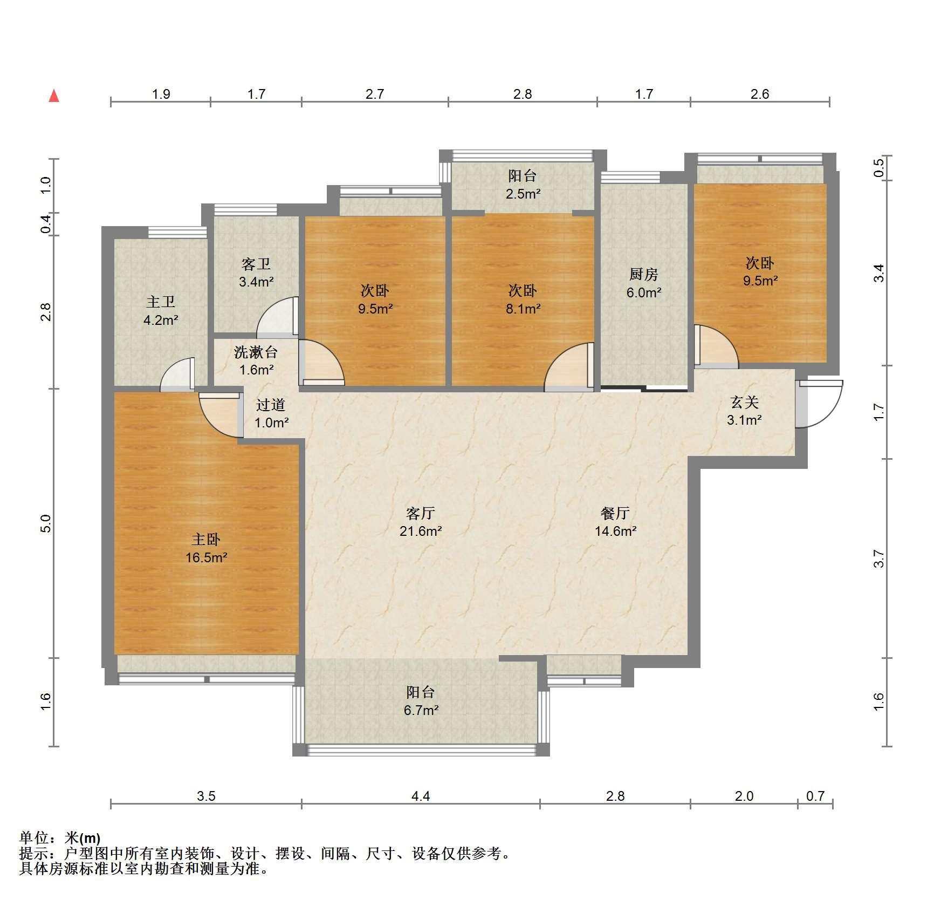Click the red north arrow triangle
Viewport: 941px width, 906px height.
(54, 96)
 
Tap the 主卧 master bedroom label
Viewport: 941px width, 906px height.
(206, 539)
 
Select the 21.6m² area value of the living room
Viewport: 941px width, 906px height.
(421, 531)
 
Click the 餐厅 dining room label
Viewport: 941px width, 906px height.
(615, 513)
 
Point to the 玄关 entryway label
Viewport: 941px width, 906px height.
(745, 402)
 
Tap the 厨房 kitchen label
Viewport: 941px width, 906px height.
(644, 274)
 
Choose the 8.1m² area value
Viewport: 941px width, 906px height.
(523, 309)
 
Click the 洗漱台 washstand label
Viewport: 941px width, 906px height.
(256, 352)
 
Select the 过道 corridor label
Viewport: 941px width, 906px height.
(271, 405)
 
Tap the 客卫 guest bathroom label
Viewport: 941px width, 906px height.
(256, 264)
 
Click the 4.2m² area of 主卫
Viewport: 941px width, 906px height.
(161, 320)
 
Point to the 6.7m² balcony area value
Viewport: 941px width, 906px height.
(421, 710)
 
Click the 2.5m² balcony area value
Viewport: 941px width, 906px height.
(523, 194)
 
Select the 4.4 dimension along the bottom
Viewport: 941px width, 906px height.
(421, 796)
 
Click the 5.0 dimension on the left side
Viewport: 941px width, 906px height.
(46, 523)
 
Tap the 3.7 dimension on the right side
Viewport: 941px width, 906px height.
(879, 558)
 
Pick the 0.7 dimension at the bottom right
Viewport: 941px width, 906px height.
(815, 796)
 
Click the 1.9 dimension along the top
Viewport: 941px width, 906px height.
(161, 94)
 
